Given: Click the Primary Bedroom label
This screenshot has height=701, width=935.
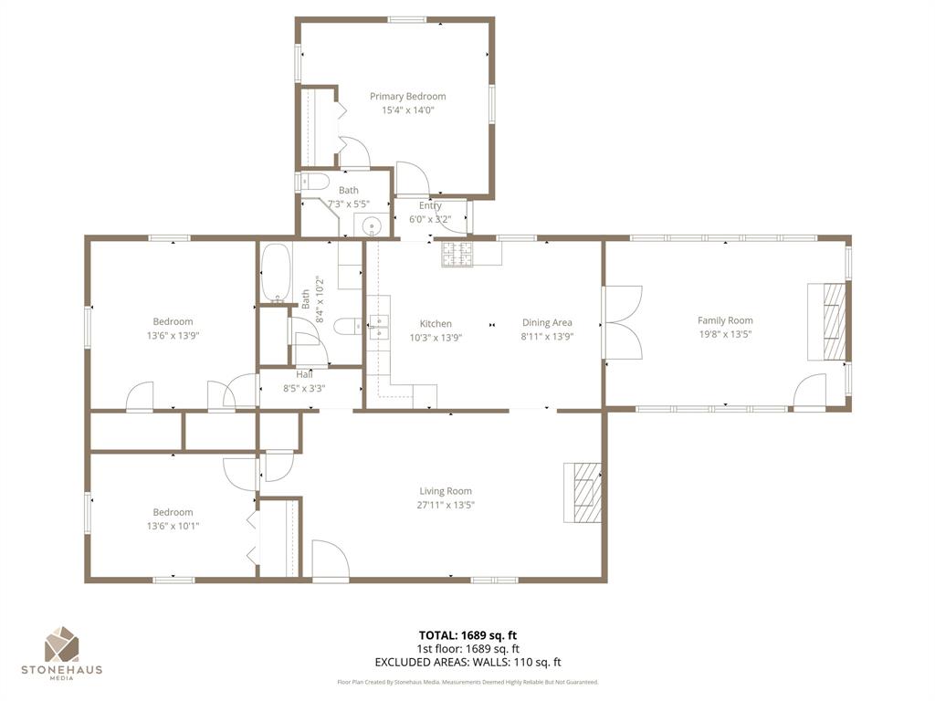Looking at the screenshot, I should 407,96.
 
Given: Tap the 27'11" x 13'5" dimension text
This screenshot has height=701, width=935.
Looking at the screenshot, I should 446,505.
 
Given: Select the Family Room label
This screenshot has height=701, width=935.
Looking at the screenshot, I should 725,320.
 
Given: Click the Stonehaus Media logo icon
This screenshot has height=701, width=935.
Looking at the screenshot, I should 62,643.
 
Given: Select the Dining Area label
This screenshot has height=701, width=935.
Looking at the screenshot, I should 547,322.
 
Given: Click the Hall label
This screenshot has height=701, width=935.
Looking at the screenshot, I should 304,374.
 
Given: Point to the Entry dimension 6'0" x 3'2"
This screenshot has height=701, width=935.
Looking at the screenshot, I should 430,219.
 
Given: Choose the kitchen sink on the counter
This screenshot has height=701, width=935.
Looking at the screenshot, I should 379,326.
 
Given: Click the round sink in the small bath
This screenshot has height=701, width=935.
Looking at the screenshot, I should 372,226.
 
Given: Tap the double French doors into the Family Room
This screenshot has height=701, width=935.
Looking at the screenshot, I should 624,323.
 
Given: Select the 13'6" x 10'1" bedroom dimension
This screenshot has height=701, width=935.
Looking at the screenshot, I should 173,526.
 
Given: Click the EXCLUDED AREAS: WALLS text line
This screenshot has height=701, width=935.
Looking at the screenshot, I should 467,663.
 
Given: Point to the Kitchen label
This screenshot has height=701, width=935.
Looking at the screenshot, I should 436,323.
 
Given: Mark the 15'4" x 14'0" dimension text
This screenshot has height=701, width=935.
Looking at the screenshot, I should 407,110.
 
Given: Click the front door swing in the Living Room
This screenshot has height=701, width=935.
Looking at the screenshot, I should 330,560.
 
